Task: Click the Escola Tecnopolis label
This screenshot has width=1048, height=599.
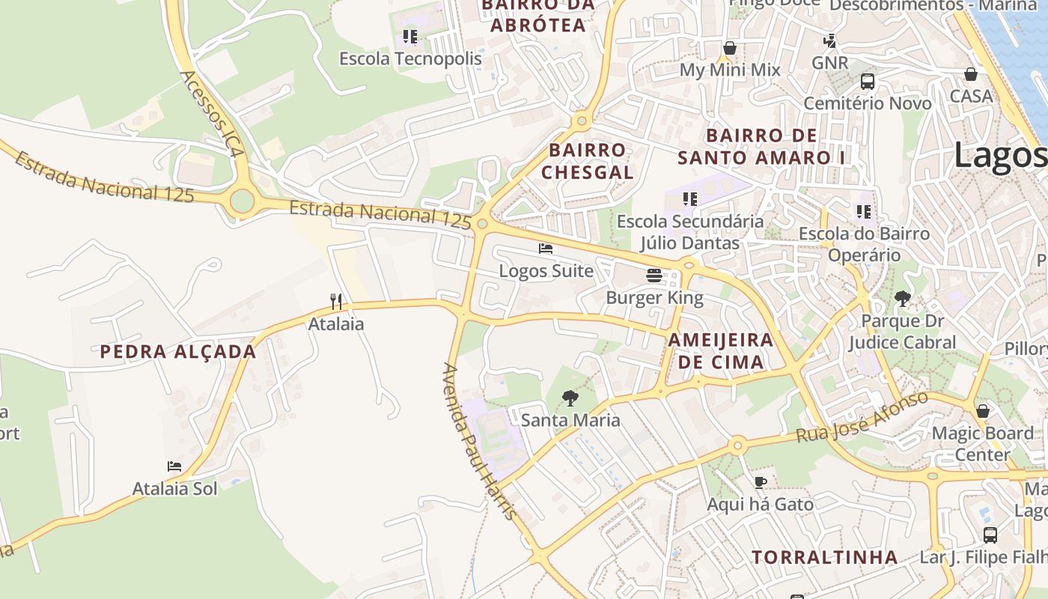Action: click(410, 58)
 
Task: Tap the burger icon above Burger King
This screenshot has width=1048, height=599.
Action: click(654, 276)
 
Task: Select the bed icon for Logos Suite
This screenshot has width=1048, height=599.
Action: click(546, 249)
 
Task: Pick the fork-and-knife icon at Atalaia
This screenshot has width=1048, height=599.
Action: click(336, 302)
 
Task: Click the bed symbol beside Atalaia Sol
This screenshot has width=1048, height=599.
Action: click(174, 466)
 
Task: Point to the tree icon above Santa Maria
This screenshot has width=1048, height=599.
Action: click(570, 398)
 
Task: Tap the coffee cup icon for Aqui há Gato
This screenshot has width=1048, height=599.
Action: click(761, 482)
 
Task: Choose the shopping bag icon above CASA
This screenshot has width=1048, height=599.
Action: click(971, 74)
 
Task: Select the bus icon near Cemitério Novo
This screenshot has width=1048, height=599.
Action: click(868, 82)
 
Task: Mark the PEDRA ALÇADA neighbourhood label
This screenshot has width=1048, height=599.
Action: click(178, 352)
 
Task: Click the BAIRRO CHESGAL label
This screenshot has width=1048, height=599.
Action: click(588, 161)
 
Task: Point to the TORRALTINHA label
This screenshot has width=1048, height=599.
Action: click(825, 557)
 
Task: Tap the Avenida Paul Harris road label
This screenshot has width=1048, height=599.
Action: click(479, 442)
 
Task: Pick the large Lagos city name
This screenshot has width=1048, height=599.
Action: click(1000, 156)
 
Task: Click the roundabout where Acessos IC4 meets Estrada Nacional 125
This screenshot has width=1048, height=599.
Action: click(242, 201)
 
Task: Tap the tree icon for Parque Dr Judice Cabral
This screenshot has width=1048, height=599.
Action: click(903, 299)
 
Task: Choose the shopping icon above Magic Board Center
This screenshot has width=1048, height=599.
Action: click(983, 411)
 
